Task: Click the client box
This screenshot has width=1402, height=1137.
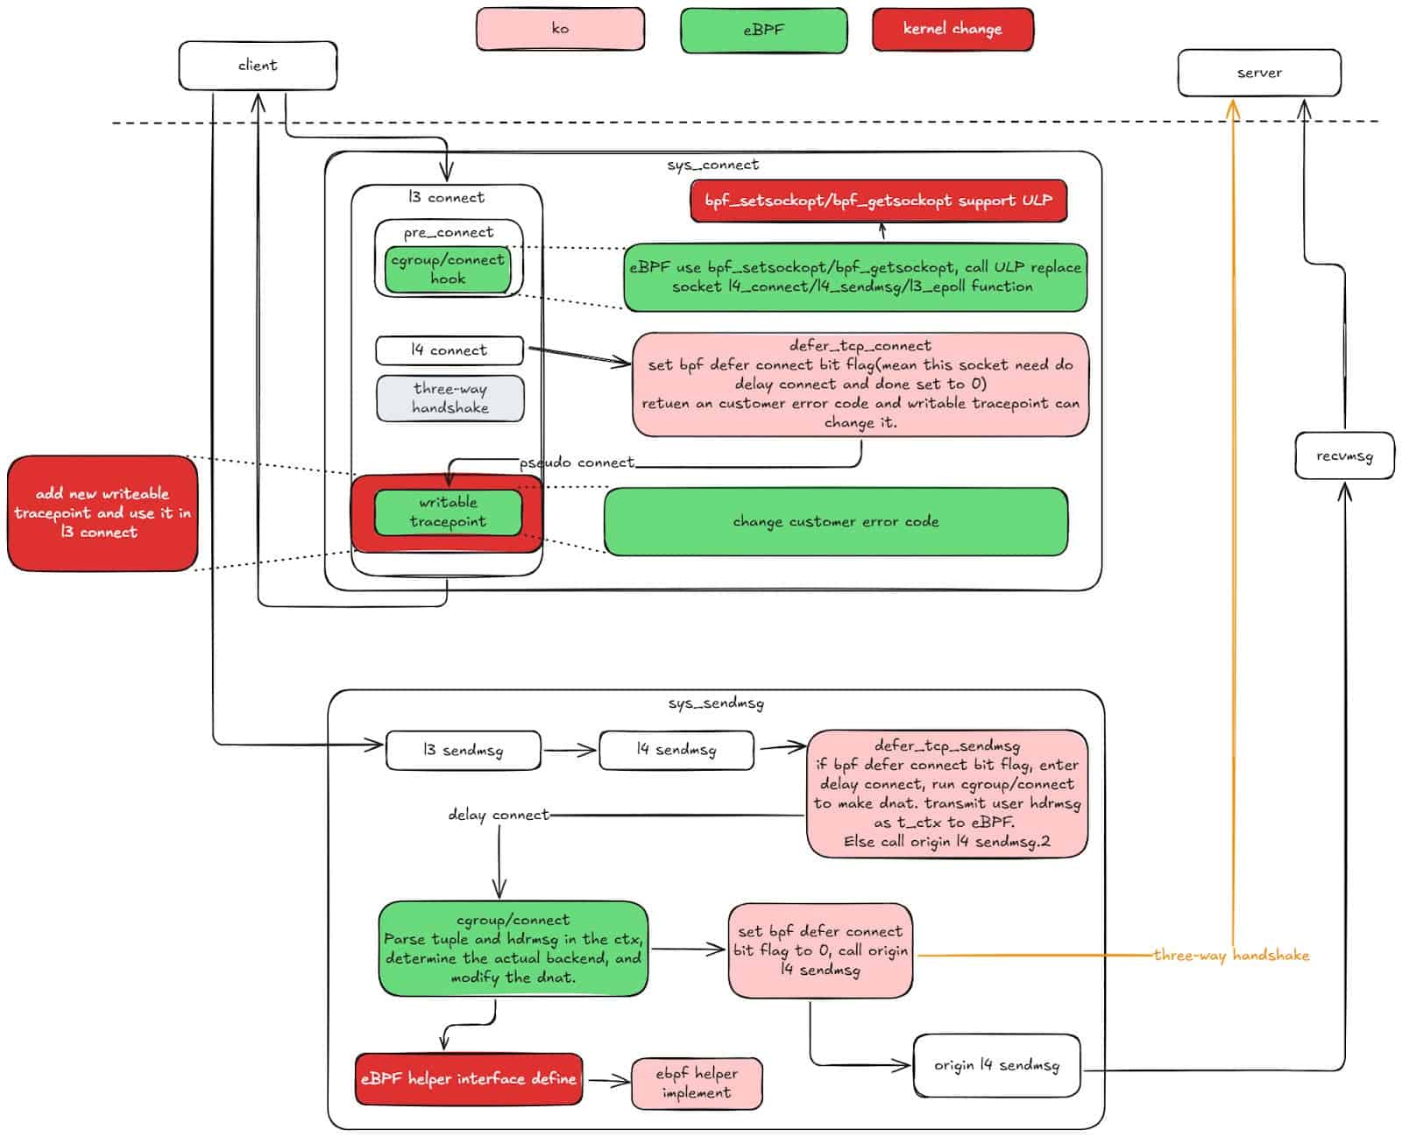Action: coord(258,66)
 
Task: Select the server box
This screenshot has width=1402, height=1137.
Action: coord(1258,73)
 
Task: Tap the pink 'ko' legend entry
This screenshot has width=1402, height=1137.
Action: coord(560,29)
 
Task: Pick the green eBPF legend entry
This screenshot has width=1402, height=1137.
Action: coord(763,30)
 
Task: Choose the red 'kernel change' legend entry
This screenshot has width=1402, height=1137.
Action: coord(952,29)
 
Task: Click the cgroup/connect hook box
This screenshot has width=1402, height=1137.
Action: coord(448,269)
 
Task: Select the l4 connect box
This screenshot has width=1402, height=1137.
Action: coord(449,350)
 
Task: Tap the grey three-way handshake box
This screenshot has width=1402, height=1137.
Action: coord(450,399)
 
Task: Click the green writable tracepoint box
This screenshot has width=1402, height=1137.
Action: coord(448,512)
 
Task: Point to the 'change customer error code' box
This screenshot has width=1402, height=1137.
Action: coord(835,522)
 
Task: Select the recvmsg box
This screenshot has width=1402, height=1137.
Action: coord(1343,456)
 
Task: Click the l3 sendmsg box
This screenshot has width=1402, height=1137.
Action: coord(463,751)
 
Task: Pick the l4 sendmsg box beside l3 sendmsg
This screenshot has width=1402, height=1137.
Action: coord(676,750)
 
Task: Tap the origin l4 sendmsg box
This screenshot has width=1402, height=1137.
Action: coord(996,1066)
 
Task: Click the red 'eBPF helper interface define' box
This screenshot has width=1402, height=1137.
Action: coord(469,1079)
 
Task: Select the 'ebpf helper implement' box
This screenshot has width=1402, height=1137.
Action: coord(697,1084)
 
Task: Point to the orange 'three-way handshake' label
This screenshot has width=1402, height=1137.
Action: coord(1230,956)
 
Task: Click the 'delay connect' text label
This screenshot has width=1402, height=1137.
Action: coord(498,816)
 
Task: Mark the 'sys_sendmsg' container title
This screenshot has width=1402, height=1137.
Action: coord(715,703)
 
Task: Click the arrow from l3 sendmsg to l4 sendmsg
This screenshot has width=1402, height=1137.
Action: coord(570,751)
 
